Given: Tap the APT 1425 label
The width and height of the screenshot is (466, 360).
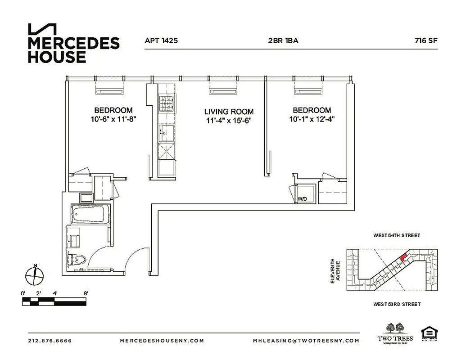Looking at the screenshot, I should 161,40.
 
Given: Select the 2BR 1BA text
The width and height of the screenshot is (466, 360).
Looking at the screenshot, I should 283,40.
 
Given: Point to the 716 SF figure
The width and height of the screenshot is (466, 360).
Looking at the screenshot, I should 426,40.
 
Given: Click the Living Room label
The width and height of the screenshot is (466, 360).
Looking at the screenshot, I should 229,112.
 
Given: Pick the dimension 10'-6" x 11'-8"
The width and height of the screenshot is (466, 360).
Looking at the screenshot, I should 113,119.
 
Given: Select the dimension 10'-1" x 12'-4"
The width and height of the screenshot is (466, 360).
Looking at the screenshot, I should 312,119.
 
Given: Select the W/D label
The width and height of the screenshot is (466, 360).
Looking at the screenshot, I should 301,198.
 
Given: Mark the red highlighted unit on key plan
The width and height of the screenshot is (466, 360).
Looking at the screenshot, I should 404,257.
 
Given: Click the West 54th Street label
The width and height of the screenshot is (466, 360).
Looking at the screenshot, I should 396,235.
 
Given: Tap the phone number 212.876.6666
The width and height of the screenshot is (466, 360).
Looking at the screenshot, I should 50,341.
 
